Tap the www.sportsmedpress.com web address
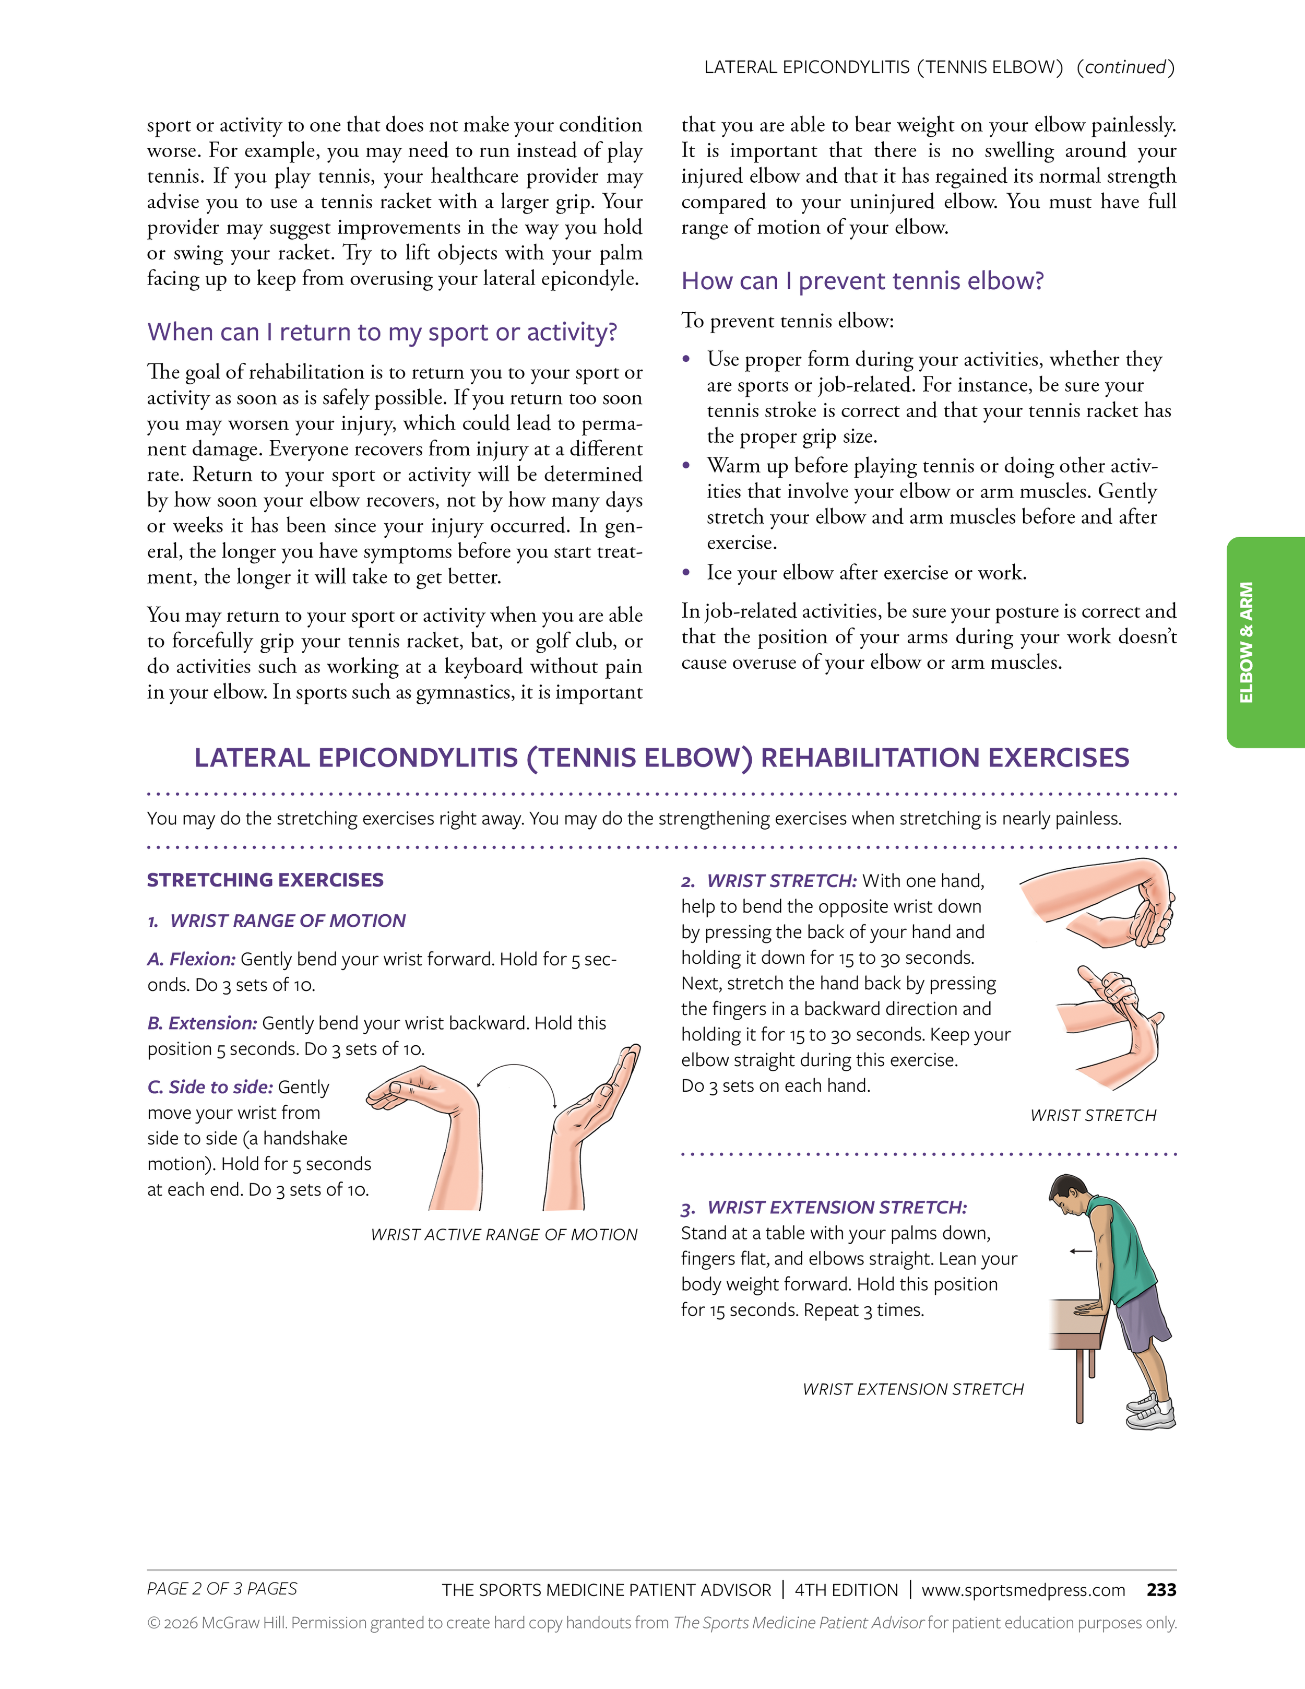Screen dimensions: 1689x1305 (x=1023, y=1590)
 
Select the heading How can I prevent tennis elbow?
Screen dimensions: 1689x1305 (x=862, y=281)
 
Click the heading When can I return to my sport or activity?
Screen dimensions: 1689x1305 (x=382, y=332)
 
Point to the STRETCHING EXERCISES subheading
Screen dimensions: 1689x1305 (x=265, y=880)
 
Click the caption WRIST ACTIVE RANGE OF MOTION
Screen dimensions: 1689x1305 (x=504, y=1234)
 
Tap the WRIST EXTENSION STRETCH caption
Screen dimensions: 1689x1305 (x=913, y=1389)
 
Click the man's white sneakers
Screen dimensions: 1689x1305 (x=1151, y=1411)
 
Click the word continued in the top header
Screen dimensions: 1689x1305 (x=1125, y=67)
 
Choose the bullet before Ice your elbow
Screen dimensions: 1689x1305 (x=686, y=573)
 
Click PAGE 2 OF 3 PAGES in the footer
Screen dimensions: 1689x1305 (x=222, y=1588)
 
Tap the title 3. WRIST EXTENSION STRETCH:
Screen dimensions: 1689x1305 (x=823, y=1207)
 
